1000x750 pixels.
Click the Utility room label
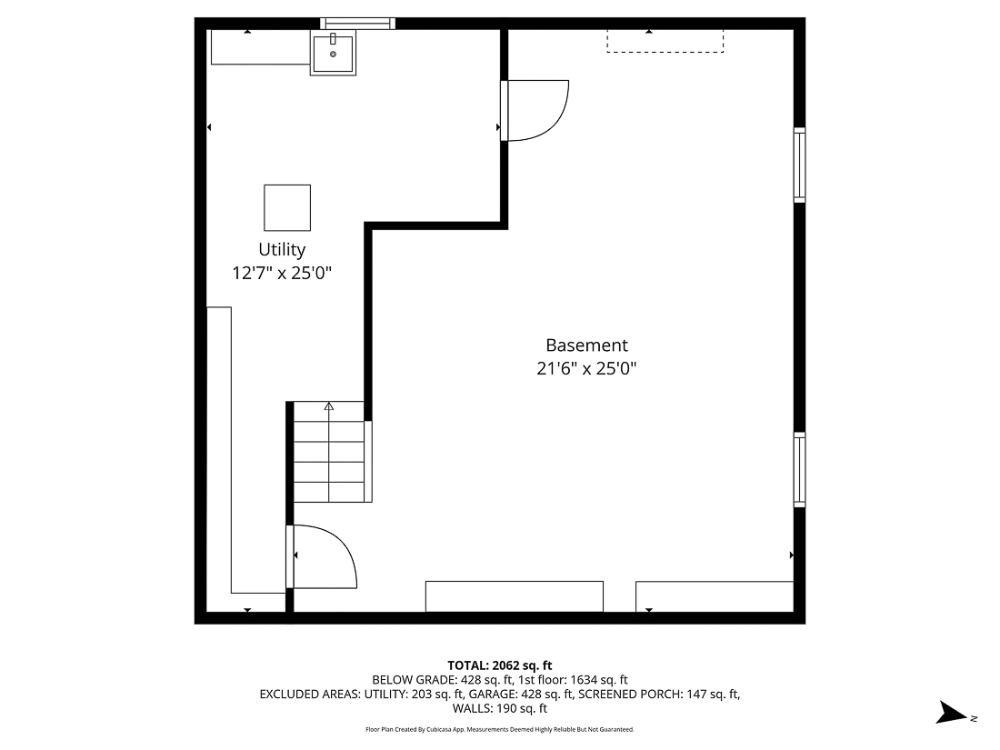coord(282,249)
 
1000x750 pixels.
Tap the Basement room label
coord(586,345)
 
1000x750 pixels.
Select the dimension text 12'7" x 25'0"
coord(282,272)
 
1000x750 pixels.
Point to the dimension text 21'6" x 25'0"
coord(586,368)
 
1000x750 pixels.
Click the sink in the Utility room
coord(333,53)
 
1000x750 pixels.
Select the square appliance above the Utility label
coord(287,207)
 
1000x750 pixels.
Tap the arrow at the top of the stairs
coord(329,407)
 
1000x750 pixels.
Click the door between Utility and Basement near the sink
coord(535,110)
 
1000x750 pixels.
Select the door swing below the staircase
coord(323,556)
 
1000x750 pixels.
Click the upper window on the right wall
coord(799,165)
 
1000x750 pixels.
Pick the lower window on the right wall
coord(799,469)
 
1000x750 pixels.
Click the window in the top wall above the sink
coord(358,24)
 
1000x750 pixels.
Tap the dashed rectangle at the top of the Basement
coord(665,41)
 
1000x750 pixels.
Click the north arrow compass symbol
coord(955,714)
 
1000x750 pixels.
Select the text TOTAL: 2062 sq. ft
coord(500,665)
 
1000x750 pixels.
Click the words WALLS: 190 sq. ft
coord(500,708)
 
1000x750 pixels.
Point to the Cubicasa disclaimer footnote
coord(500,729)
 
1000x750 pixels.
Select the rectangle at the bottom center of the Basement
coord(515,596)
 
